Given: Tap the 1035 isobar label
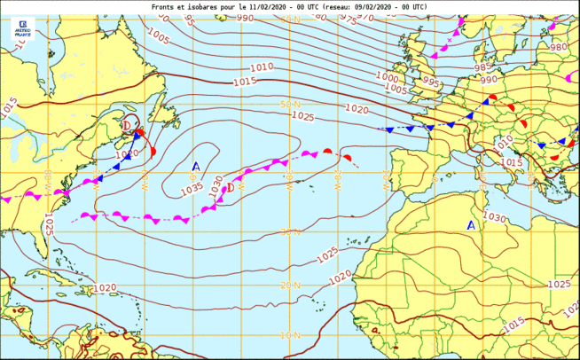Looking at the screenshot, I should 192,189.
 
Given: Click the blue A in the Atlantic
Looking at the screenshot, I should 196,166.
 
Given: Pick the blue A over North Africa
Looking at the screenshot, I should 472,225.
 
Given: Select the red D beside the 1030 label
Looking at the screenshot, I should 231,186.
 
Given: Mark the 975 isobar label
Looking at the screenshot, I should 351,20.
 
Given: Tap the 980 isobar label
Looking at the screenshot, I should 558,47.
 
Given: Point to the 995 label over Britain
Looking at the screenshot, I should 430,82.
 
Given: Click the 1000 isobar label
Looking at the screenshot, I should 387,77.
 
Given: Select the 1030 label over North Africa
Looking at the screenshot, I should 495,216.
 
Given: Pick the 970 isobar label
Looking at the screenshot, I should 364,17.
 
